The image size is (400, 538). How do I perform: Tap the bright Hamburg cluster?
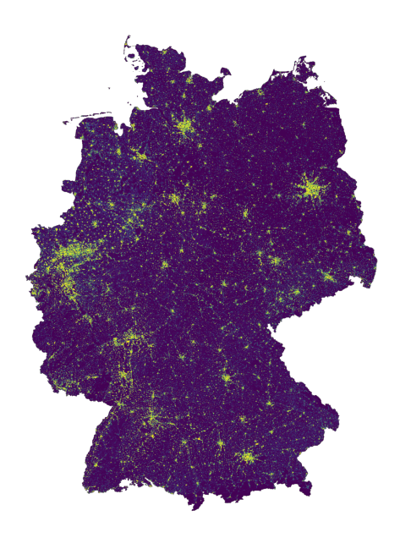click(x=184, y=129)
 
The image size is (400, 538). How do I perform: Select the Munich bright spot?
click(x=248, y=457)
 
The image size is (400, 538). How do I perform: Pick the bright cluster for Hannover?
click(x=175, y=200)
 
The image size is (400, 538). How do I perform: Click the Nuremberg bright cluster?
click(x=226, y=377)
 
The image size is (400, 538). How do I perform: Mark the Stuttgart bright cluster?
click(x=153, y=419)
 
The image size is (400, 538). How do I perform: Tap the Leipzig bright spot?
click(x=276, y=261)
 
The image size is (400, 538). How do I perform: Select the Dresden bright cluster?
click(x=328, y=277)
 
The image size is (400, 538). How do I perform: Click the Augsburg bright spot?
click(x=220, y=442)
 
